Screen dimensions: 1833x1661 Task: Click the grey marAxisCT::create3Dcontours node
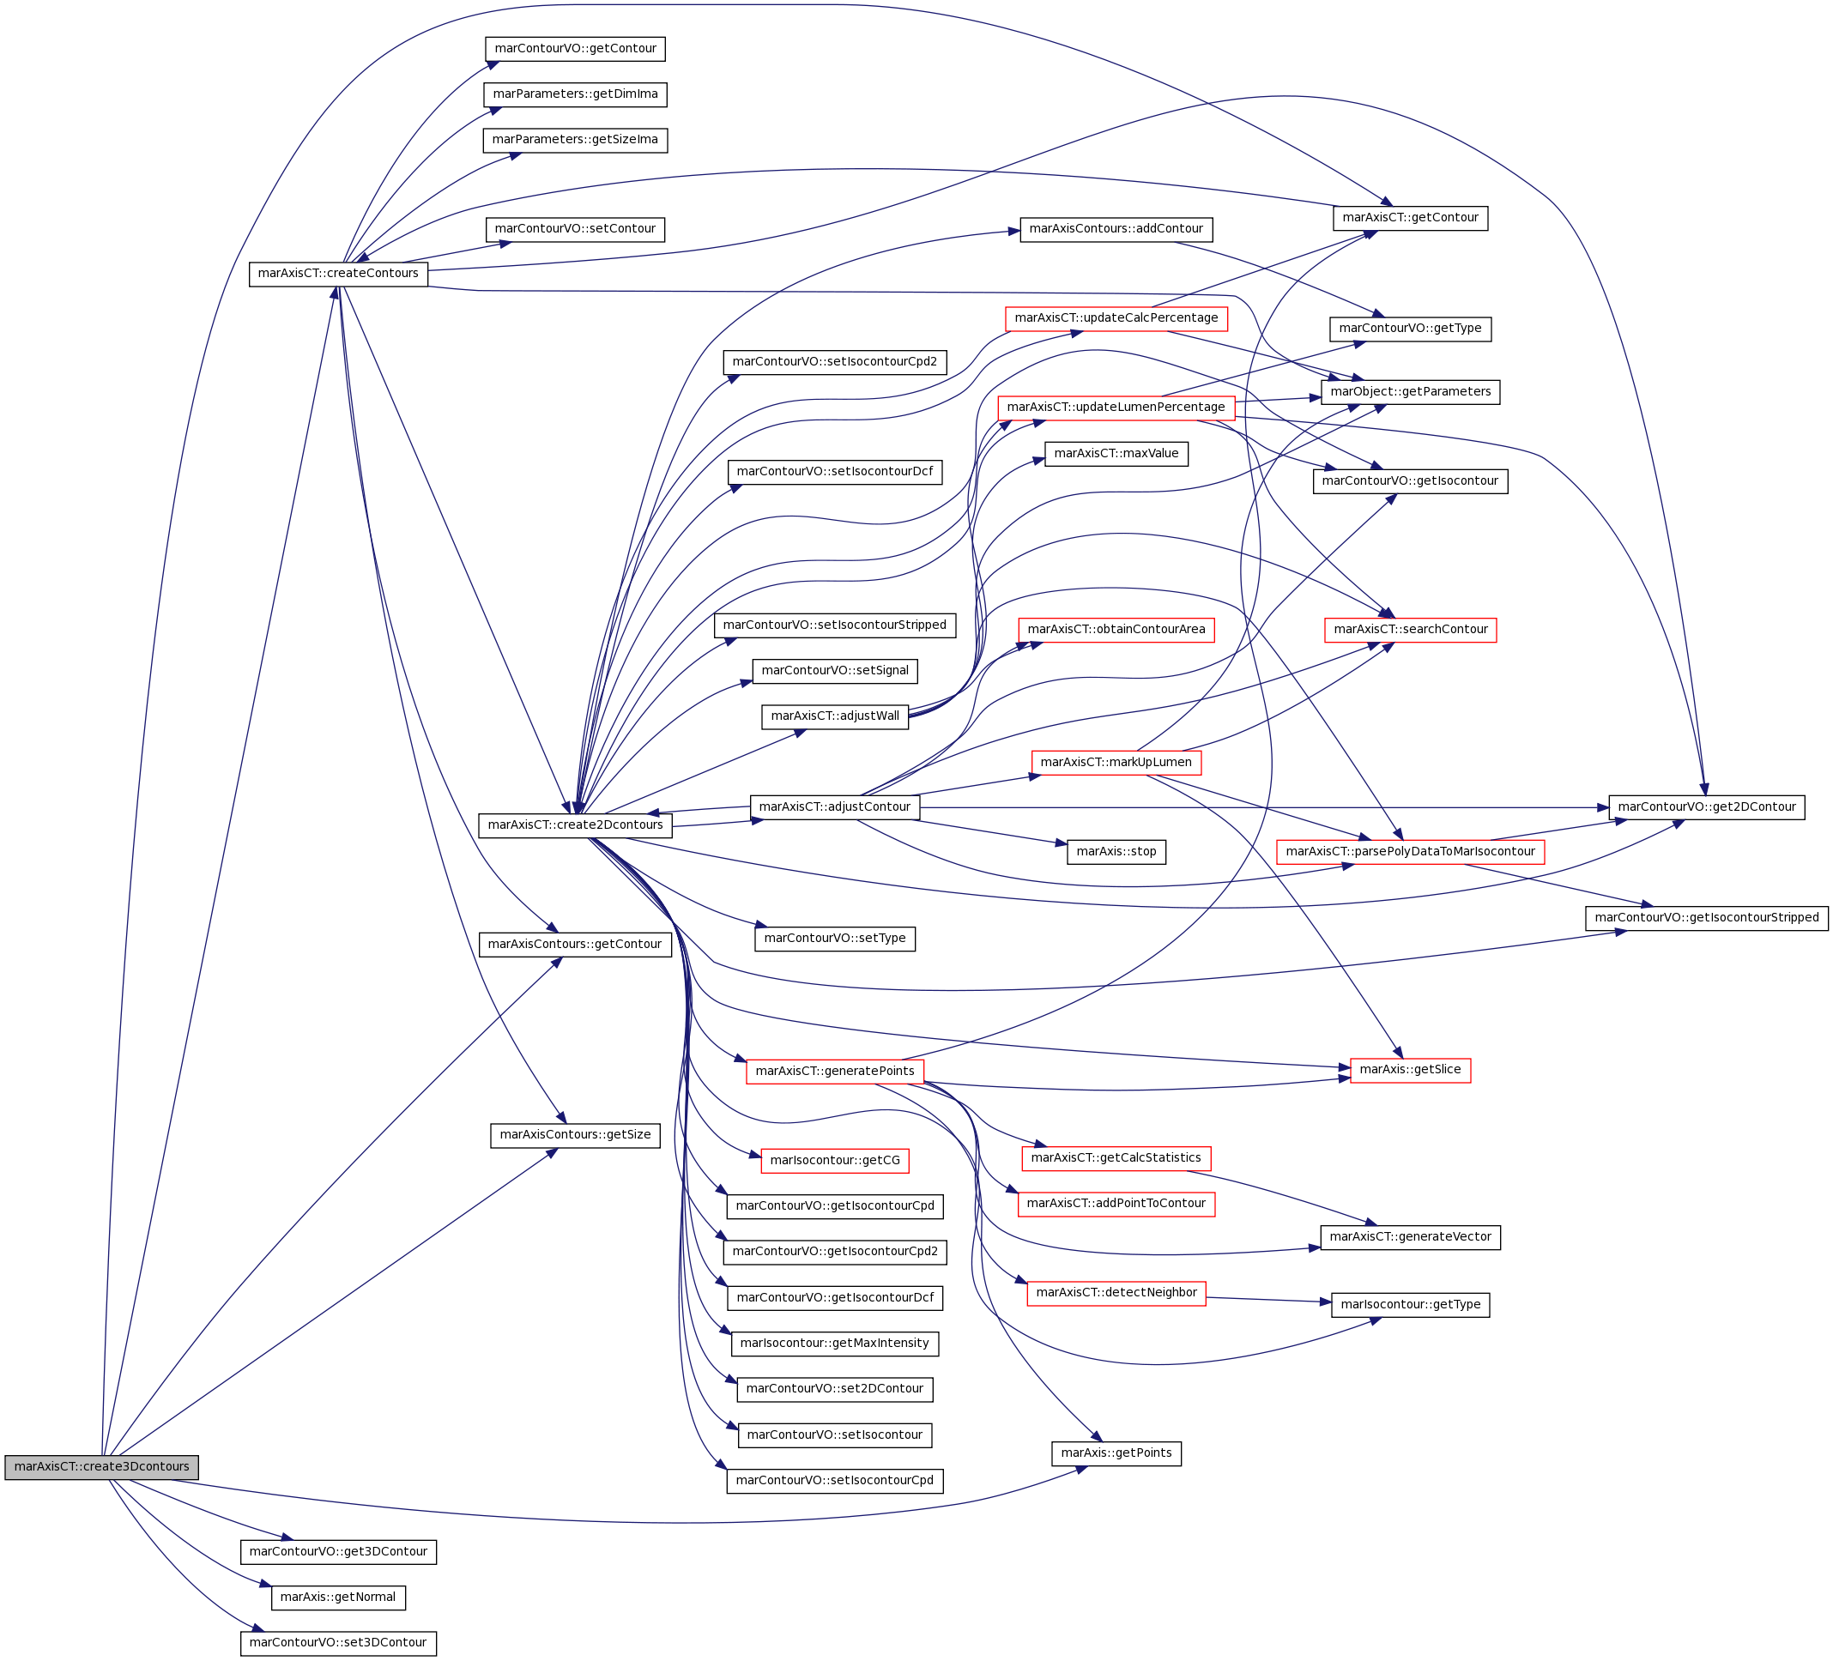(102, 1466)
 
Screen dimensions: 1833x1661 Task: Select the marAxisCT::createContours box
(338, 274)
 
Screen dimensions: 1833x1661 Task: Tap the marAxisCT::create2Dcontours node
(576, 825)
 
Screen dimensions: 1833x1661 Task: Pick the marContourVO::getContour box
(576, 49)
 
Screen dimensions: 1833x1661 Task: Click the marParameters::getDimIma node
(576, 94)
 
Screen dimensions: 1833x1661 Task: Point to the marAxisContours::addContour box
(1116, 229)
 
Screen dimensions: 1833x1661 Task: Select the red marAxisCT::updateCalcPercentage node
(1116, 318)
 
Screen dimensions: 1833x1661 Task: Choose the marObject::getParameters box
(1411, 392)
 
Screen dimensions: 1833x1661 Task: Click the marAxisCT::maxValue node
(1116, 454)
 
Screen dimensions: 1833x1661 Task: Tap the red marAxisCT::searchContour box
(1411, 630)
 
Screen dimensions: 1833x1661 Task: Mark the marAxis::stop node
(1116, 852)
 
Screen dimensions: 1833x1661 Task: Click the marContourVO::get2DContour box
(1708, 807)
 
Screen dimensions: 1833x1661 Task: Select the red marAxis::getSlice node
(1411, 1070)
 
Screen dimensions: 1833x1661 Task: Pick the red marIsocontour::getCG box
(836, 1161)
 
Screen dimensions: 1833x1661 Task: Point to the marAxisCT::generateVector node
(1411, 1237)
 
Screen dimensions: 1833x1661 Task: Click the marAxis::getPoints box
(1116, 1453)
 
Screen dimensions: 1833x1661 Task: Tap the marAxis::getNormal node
(338, 1598)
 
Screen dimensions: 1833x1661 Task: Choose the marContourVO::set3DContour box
(338, 1643)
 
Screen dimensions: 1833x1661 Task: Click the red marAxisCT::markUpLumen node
(1116, 763)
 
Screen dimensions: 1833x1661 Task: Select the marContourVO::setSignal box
(836, 671)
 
